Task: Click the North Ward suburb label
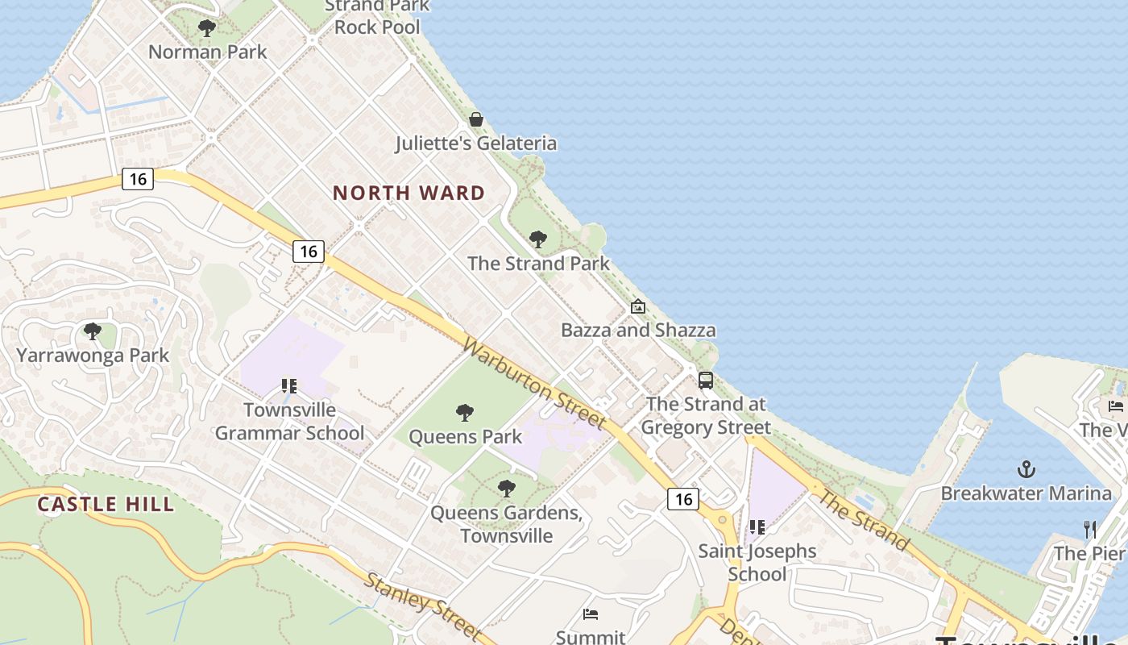[x=408, y=193]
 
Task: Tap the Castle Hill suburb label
[x=106, y=505]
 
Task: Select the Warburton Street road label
[x=534, y=383]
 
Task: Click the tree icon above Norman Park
[x=207, y=28]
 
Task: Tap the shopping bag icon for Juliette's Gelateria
[x=476, y=119]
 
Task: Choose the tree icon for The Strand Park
[x=538, y=239]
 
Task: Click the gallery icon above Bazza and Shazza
[x=638, y=306]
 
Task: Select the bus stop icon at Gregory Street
[x=706, y=380]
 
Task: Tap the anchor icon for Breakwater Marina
[x=1026, y=468]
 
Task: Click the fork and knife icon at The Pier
[x=1090, y=529]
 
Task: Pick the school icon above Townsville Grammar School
[x=289, y=386]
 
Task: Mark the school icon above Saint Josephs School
[x=757, y=527]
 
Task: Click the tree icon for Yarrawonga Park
[x=93, y=331]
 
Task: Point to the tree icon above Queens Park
[x=465, y=413]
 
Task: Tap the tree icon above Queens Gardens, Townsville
[x=506, y=488]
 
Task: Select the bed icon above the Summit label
[x=591, y=614]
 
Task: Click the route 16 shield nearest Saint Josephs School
[x=683, y=499]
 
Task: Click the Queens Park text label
[x=466, y=437]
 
